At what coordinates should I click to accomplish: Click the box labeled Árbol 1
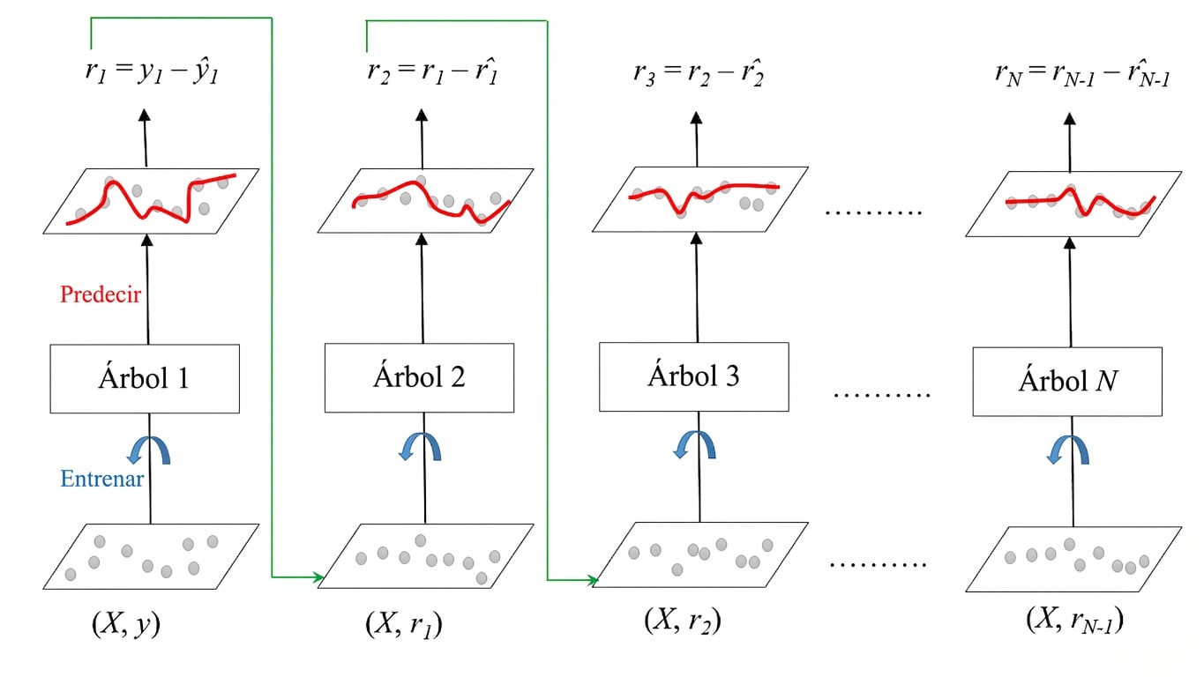(145, 379)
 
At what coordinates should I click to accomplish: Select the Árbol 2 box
(419, 377)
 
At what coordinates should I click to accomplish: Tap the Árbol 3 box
(694, 376)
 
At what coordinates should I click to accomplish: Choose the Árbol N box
(1067, 382)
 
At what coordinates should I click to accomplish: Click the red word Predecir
(101, 294)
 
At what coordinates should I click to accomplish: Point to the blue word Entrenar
(102, 478)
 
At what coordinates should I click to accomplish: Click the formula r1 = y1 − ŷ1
(152, 72)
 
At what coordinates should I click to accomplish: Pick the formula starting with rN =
(1082, 73)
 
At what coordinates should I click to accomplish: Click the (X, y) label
(126, 624)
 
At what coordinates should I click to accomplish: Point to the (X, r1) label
(404, 625)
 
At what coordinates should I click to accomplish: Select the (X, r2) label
(683, 621)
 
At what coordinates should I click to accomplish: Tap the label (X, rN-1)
(1074, 621)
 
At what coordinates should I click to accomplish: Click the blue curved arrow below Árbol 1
(149, 450)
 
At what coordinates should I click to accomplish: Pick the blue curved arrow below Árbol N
(1068, 450)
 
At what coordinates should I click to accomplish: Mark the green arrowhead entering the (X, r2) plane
(593, 580)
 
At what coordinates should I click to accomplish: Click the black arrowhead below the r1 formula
(144, 115)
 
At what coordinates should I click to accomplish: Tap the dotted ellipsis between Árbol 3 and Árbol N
(881, 396)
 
